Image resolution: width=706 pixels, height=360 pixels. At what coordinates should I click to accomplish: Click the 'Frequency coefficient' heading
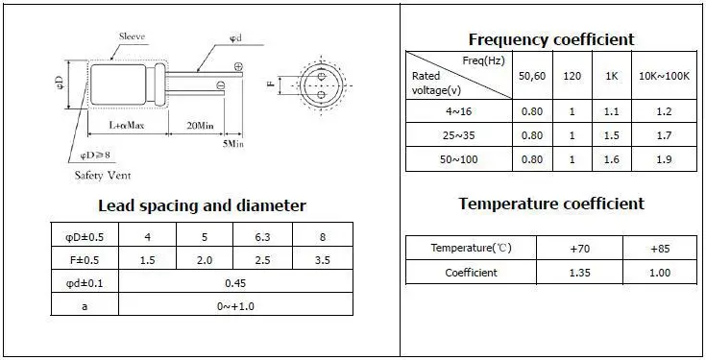pyautogui.click(x=551, y=39)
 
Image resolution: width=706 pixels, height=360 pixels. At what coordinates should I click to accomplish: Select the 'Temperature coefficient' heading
pyautogui.click(x=551, y=204)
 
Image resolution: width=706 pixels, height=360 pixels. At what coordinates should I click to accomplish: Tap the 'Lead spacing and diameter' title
pyautogui.click(x=202, y=205)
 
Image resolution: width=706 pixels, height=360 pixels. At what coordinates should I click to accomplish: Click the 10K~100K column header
pyautogui.click(x=664, y=76)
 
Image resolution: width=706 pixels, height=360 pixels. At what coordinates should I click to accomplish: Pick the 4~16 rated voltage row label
pyautogui.click(x=459, y=111)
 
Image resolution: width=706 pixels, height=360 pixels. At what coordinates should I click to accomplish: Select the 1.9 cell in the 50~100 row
pyautogui.click(x=664, y=159)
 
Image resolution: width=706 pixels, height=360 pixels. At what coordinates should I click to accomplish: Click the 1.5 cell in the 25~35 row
pyautogui.click(x=612, y=135)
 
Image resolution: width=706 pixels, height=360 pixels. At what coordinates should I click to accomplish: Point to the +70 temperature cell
pyautogui.click(x=579, y=248)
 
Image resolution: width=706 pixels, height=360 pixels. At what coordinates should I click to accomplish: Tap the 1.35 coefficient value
pyautogui.click(x=579, y=273)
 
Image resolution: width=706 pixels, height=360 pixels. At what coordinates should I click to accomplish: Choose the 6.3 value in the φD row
pyautogui.click(x=262, y=237)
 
